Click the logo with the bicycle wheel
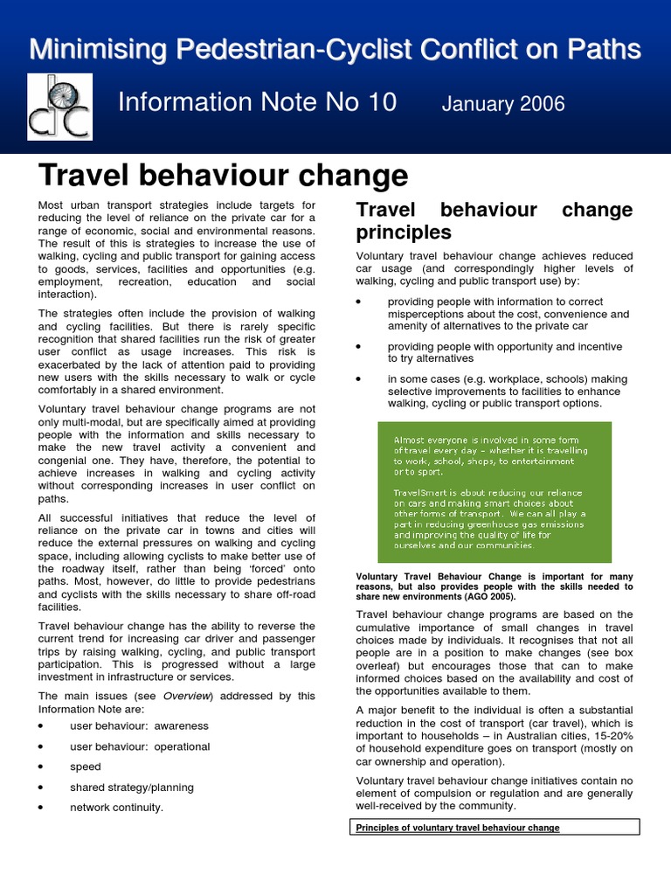point(59,107)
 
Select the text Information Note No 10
point(257,102)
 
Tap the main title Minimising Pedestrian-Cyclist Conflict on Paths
point(335,49)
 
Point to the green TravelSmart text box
point(494,491)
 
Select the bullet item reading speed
point(86,767)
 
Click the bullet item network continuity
point(116,808)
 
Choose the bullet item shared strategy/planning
point(131,787)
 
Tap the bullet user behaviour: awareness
point(139,725)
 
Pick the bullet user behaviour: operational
point(140,746)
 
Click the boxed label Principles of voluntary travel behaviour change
point(458,828)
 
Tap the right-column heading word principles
point(403,232)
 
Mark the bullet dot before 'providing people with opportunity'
point(359,347)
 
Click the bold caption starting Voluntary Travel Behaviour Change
point(495,586)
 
